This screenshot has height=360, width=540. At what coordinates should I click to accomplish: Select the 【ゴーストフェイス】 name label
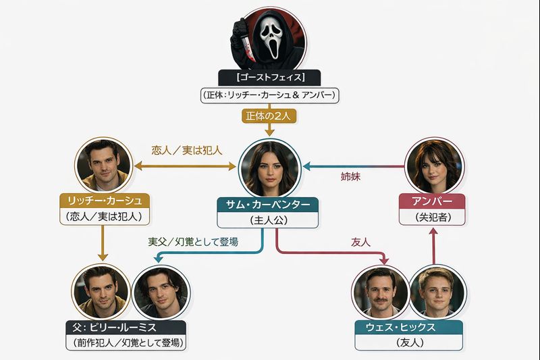269,78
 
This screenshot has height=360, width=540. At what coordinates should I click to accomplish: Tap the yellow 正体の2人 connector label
269,115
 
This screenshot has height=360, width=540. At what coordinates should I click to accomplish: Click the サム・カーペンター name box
267,205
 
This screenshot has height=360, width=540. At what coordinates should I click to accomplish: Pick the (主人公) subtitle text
267,220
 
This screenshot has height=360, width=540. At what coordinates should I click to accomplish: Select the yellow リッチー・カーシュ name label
104,201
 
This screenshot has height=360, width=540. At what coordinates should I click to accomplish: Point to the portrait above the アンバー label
433,166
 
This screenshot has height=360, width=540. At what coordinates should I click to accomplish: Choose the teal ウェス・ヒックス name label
409,328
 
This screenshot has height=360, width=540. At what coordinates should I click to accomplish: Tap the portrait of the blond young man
437,292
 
